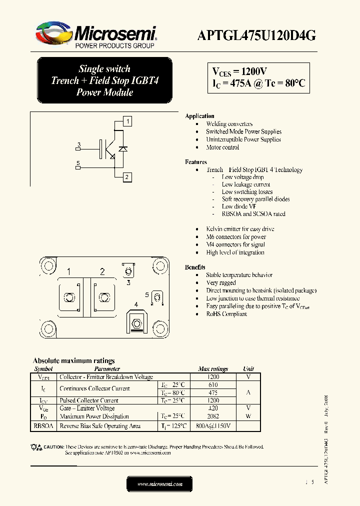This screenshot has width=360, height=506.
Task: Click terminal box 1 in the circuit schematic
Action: click(x=128, y=121)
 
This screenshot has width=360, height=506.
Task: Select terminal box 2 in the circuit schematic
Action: click(x=127, y=177)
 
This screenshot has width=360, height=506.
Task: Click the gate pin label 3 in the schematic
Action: click(x=78, y=145)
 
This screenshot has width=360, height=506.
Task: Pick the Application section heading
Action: click(x=199, y=116)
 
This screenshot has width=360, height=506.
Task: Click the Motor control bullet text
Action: click(x=222, y=147)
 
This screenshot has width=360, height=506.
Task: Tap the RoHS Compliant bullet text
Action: click(x=226, y=314)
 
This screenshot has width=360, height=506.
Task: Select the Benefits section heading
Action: click(x=195, y=267)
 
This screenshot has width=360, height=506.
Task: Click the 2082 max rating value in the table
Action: click(x=213, y=416)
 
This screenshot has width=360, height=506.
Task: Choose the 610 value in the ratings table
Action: click(x=213, y=384)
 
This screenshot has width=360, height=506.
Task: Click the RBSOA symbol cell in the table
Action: click(x=43, y=426)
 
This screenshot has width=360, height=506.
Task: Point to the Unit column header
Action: click(x=248, y=369)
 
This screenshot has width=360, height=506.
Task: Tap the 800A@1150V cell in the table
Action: click(x=213, y=426)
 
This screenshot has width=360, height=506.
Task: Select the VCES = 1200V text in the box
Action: click(x=240, y=71)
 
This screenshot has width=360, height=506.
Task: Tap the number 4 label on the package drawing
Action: click(x=135, y=304)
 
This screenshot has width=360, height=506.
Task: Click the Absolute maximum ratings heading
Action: click(x=73, y=360)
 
